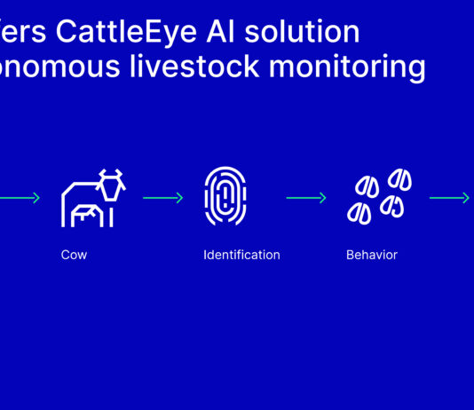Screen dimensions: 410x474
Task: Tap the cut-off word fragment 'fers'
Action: tap(23, 32)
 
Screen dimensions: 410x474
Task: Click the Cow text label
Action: tap(74, 255)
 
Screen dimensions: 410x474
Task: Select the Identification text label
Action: tap(241, 255)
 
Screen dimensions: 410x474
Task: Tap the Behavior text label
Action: tap(372, 255)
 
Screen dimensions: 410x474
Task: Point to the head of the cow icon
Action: tap(111, 186)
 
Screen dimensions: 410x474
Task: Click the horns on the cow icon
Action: tap(111, 172)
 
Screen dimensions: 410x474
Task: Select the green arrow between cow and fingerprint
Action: tap(162, 198)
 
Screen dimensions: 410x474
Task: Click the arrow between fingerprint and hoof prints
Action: tap(306, 198)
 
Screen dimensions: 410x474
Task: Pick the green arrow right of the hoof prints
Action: tap(450, 198)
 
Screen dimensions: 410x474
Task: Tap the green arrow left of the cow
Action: tap(20, 198)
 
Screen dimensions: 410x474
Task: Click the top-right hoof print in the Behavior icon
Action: tap(400, 180)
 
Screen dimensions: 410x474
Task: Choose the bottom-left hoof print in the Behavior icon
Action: tap(359, 213)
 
